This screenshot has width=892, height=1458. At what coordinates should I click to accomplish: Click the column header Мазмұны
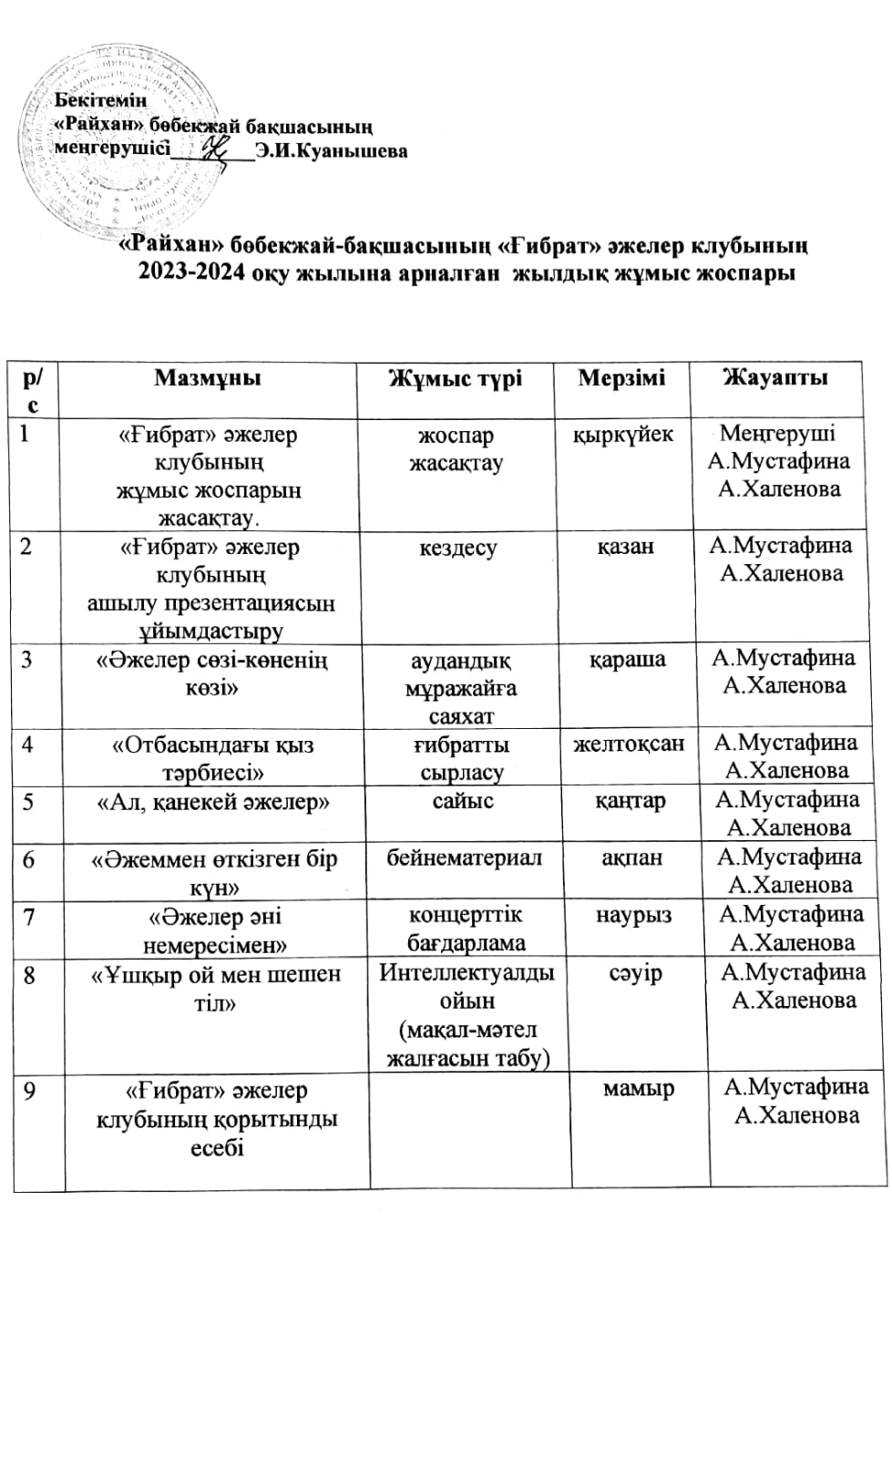coord(208,378)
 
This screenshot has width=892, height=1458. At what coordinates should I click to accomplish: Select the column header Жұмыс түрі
coord(456,378)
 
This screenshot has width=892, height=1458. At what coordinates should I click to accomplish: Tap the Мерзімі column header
coord(621,377)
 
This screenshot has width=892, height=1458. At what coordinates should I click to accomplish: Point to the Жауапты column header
coord(775,377)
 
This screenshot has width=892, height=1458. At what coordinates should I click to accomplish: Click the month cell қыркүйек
coord(623,434)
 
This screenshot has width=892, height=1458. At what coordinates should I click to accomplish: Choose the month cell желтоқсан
coord(629,744)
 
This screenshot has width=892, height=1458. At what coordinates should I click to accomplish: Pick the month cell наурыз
coord(634,914)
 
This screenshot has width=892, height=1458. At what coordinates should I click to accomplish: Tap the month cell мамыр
coord(639,1088)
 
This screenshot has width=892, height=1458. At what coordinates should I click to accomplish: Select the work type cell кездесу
coord(458,548)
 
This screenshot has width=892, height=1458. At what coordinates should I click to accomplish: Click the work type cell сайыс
coord(463,801)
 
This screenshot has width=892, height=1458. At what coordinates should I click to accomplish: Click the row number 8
coord(30,975)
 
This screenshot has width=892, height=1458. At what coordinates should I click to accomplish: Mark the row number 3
coord(26,659)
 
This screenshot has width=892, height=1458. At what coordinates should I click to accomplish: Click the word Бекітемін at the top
coord(101,100)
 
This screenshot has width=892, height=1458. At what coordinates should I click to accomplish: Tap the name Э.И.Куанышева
coord(332,151)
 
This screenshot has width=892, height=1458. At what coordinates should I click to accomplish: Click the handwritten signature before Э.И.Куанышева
coord(219,149)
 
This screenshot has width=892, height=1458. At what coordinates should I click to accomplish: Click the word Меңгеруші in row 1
coord(777,434)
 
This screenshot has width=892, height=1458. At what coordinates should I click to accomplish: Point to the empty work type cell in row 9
coord(470,1130)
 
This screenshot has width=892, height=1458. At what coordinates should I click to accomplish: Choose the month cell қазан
coord(626,547)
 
